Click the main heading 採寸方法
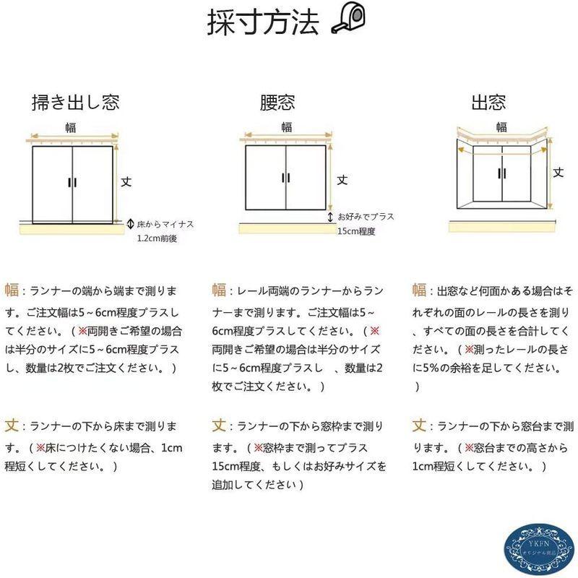tap(263, 23)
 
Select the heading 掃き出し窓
tap(75, 102)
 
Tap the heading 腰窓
tap(277, 102)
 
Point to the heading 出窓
tap(488, 102)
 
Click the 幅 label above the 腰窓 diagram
tap(287, 127)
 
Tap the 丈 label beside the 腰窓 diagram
tap(342, 178)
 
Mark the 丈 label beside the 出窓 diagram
tap(558, 172)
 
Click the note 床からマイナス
tap(165, 225)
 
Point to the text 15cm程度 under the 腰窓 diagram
tap(355, 232)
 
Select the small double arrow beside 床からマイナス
tap(131, 224)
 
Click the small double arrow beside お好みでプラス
tap(330, 217)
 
